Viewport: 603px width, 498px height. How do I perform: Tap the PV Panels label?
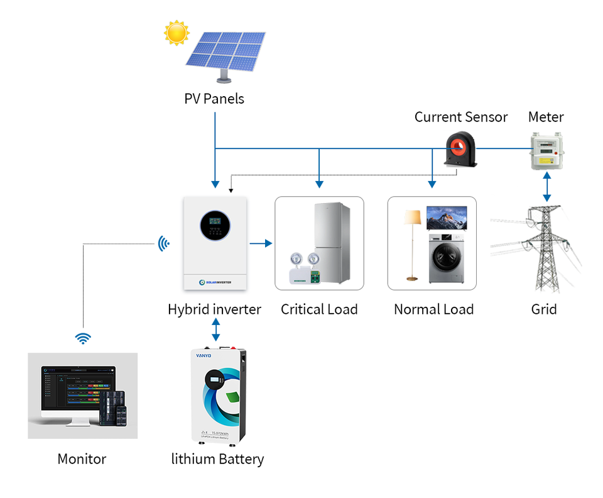point(214,99)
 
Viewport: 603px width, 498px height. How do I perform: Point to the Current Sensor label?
point(461,117)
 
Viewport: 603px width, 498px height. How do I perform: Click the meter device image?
point(545,152)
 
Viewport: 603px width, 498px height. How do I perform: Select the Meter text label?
point(546,117)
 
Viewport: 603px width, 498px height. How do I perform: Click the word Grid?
point(544,309)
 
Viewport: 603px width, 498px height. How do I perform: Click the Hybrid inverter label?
point(214,309)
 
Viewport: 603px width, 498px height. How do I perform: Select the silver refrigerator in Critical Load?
point(332,242)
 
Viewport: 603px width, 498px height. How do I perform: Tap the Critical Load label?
point(319,309)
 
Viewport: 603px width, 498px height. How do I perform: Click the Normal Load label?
point(433,309)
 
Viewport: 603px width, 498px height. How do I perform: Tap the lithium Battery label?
point(217,459)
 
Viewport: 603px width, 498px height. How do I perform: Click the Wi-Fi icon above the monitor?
point(82,339)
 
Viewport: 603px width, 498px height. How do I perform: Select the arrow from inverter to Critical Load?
point(261,243)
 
